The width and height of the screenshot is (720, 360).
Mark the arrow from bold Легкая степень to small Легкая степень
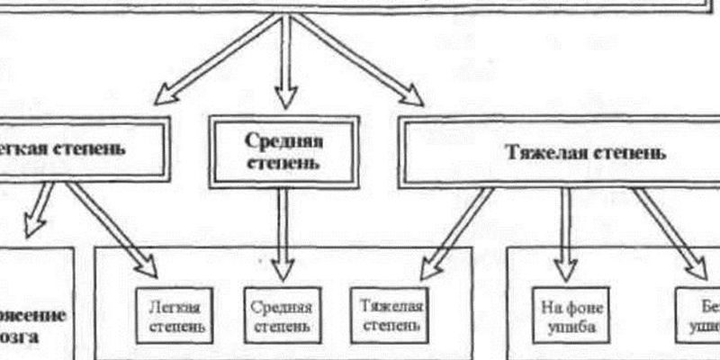click(x=112, y=229)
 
